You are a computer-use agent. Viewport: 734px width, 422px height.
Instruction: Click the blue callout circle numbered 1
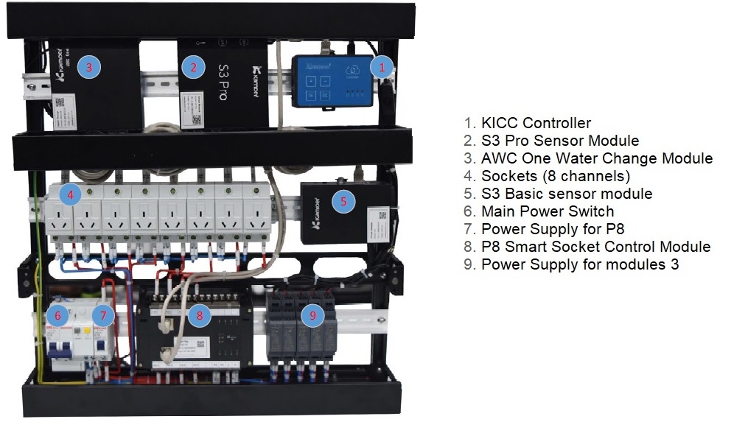tap(381, 67)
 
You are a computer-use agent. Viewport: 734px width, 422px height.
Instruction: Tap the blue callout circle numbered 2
tap(193, 68)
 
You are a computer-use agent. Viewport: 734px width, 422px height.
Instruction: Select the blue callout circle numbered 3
tap(89, 67)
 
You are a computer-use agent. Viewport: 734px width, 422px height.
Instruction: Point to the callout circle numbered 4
tap(70, 195)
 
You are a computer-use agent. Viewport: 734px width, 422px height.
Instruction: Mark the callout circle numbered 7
tap(104, 317)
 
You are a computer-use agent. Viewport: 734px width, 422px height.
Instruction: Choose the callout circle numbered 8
tap(199, 315)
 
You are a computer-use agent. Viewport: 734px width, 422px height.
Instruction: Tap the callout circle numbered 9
tap(314, 315)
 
